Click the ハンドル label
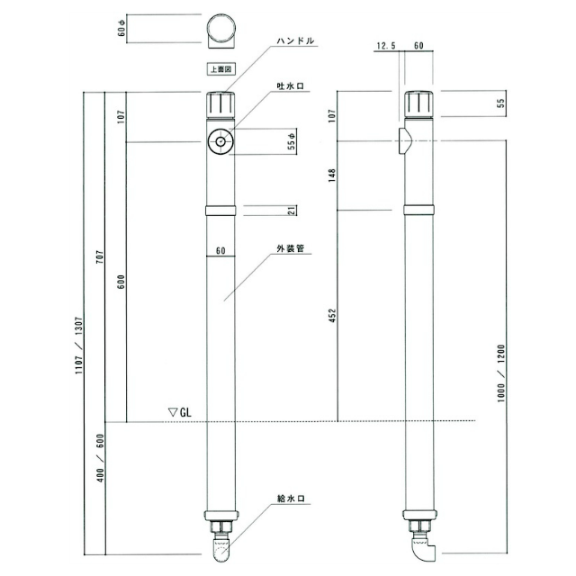(x=295, y=40)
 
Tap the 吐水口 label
(x=291, y=86)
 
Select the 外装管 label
(x=291, y=248)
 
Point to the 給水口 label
(x=291, y=499)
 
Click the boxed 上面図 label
(x=220, y=69)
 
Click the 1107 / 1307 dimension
(x=79, y=345)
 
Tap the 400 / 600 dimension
(x=100, y=458)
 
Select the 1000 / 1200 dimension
(x=501, y=373)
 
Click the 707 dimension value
(x=100, y=256)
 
